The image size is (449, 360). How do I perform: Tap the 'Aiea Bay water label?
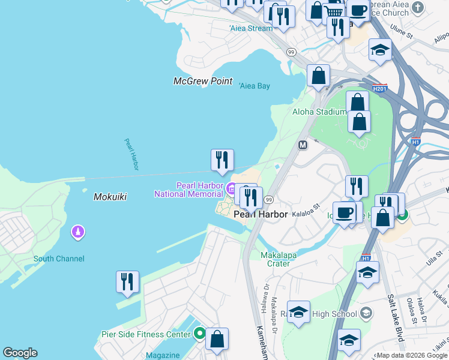coord(255,86)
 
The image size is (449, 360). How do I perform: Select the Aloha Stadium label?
coord(319,112)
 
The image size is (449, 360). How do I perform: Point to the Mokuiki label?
coord(110,197)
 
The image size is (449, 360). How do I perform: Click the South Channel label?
coord(59,259)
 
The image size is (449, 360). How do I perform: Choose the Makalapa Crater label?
coord(283,259)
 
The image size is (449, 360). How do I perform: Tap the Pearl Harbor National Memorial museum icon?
coord(231,190)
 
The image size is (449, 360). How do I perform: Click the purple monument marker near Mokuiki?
coord(77,232)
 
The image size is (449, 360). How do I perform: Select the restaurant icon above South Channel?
coord(127,281)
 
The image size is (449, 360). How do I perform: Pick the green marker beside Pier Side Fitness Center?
coord(200,334)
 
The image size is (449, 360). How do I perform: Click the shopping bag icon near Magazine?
coord(217,339)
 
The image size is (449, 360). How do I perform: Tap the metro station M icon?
coord(303,145)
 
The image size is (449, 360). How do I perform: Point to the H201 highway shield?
coord(379,89)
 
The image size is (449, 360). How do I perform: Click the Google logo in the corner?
coord(20,353)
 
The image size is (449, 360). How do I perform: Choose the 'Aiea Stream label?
coord(250,28)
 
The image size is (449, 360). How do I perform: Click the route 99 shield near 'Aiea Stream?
coord(291,52)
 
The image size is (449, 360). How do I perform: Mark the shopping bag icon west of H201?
coord(318,76)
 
